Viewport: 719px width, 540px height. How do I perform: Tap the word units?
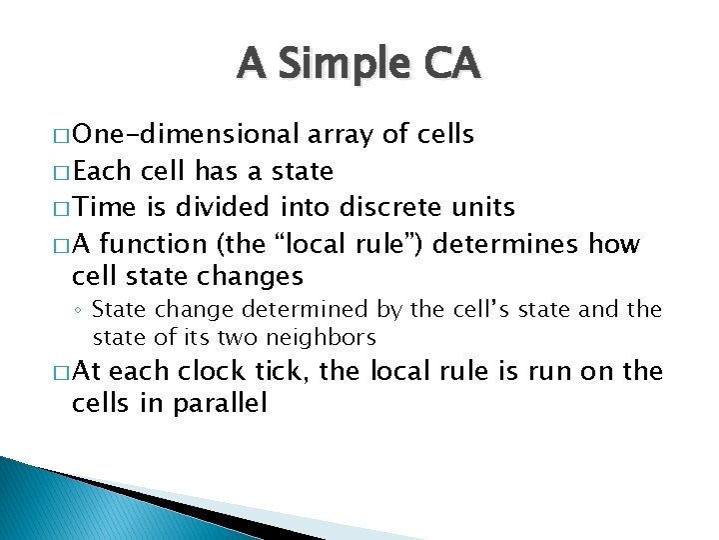478,207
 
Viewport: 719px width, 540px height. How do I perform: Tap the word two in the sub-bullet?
225,336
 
